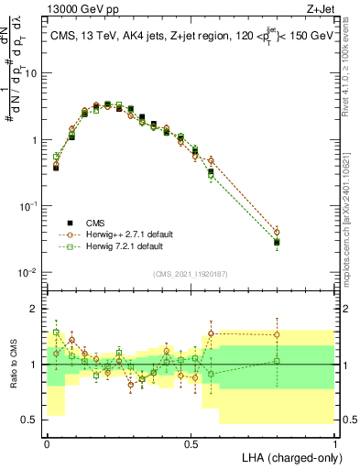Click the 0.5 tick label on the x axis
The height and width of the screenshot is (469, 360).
point(191,442)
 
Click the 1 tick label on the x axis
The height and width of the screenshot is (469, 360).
point(334,442)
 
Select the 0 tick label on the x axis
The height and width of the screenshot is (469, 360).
point(47,442)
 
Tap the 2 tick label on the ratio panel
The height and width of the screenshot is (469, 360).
point(36,309)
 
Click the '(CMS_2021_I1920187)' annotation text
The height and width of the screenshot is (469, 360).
point(191,274)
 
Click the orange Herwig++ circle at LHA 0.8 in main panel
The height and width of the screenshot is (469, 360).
point(277,233)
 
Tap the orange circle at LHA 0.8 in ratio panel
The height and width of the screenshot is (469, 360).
point(277,334)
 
